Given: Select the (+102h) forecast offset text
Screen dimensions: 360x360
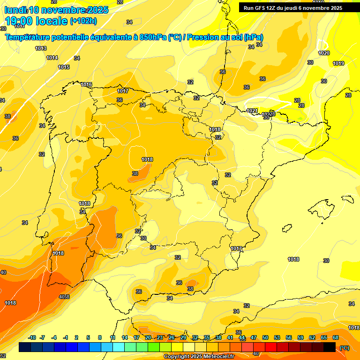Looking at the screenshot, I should coord(83,21).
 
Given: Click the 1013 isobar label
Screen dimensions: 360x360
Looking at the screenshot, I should coord(41,48).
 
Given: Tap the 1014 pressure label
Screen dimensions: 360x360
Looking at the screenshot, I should coord(52,58).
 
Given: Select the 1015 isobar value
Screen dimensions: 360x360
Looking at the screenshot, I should coord(64,67).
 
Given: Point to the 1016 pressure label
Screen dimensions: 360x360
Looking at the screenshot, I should coord(86,84).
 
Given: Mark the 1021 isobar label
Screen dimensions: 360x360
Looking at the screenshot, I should coord(252,111).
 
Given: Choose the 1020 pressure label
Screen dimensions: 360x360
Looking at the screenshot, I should coord(324,53).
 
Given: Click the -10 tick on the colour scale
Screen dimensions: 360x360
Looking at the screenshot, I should coord(32,337).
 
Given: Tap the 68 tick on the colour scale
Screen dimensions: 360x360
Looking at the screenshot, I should coord(336,337).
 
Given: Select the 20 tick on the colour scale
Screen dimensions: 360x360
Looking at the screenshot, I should coord(148,337).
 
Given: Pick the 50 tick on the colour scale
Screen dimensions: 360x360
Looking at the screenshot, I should coord(265,337).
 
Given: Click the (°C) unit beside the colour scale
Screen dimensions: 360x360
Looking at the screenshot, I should coord(345,347).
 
